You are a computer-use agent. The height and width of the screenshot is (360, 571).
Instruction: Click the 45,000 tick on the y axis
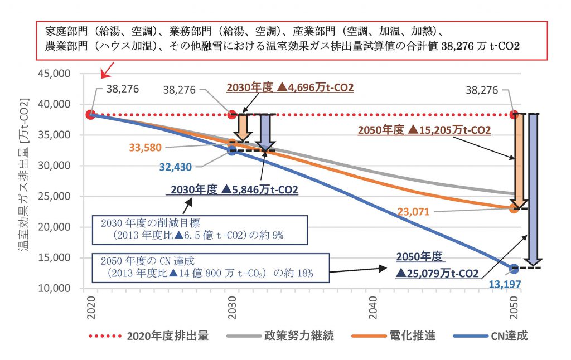pos(54,74)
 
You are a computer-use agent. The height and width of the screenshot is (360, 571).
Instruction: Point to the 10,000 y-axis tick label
pos(54,288)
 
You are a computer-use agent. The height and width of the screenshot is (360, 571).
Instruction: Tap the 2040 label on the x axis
pos(373,308)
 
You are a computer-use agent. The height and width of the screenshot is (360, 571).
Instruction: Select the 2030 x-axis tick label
pos(232,308)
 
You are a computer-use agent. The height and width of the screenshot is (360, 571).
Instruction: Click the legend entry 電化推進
pos(394,335)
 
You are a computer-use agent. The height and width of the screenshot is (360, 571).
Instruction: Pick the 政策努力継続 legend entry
pos(280,335)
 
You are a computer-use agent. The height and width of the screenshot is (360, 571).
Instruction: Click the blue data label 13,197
pos(505,284)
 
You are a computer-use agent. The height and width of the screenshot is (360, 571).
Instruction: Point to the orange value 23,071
pos(413,212)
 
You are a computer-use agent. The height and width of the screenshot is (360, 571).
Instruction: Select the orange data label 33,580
pos(145,148)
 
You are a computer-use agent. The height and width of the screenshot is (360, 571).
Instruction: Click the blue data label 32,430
pos(175,167)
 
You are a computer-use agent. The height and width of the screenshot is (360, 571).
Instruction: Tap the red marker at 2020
pos(90,115)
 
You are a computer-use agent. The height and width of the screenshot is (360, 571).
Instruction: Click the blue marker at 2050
pos(514,269)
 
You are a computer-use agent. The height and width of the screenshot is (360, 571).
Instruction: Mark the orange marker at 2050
pos(514,208)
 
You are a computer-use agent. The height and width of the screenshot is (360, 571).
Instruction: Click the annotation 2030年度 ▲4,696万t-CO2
pos(290,87)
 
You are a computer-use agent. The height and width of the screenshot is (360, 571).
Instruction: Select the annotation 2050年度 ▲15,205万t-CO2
pos(424,130)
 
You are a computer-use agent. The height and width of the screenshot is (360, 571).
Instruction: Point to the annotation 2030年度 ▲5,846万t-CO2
pos(234,189)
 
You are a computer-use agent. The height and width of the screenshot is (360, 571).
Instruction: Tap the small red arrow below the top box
pos(108,70)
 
